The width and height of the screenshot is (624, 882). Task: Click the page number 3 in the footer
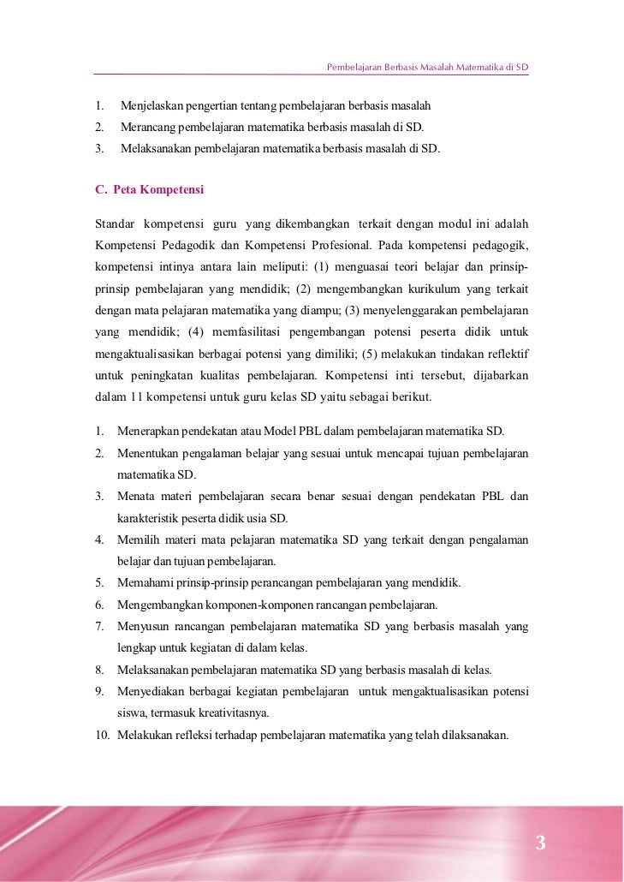[540, 843]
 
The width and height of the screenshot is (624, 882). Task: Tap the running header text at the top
[427, 67]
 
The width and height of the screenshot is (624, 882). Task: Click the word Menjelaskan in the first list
[151, 106]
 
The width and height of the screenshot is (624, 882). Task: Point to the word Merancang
[146, 127]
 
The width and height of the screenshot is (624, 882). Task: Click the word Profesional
[324, 244]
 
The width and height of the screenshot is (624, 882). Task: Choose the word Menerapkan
[149, 430]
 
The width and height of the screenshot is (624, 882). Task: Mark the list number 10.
[102, 735]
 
